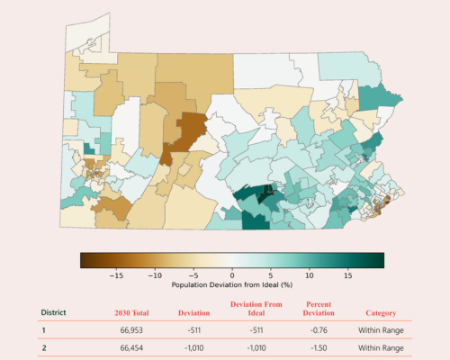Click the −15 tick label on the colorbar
coord(116,275)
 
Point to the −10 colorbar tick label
coord(155,275)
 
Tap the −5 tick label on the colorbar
coord(193,275)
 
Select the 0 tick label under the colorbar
coord(232,275)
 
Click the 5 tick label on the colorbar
coord(271,275)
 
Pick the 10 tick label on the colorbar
coord(310,275)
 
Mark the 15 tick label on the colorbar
coord(347,275)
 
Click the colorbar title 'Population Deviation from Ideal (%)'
coord(232,284)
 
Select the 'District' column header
coord(53,312)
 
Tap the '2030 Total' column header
coord(131,313)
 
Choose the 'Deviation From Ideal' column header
coord(256,309)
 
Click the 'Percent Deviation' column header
coord(319,309)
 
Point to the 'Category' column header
coord(381,313)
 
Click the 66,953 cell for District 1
coord(131,330)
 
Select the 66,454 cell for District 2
coord(131,348)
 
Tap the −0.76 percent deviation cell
coord(319,330)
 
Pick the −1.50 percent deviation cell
coord(319,348)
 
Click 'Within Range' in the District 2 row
coord(381,348)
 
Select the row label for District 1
coord(44,330)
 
